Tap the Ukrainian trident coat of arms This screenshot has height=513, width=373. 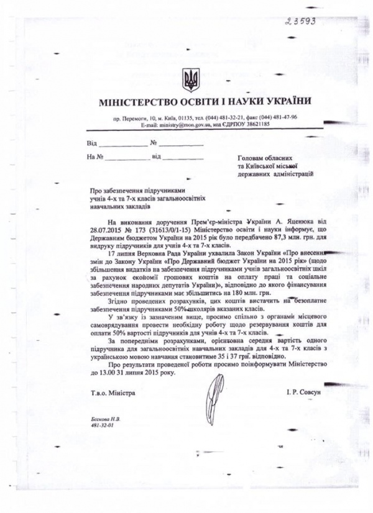pyautogui.click(x=190, y=80)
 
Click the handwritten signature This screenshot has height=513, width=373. pyautogui.click(x=206, y=393)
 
